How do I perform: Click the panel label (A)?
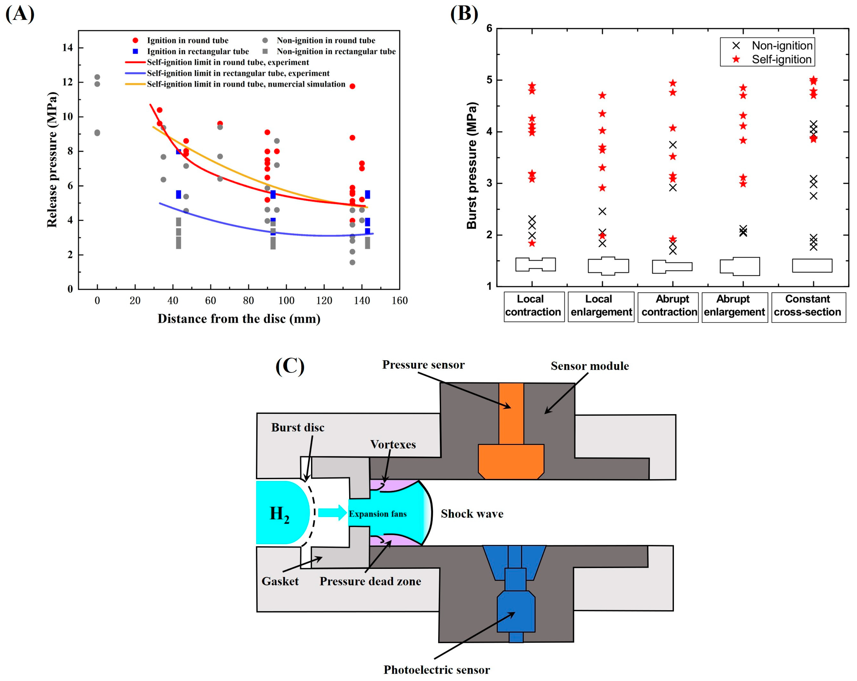[20, 14]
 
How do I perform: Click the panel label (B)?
[464, 14]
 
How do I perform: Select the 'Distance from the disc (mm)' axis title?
[239, 319]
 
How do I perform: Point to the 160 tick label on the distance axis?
[400, 301]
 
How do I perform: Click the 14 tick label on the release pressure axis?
[68, 48]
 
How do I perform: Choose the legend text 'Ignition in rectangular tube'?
[198, 51]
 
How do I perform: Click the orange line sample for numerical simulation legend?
[135, 84]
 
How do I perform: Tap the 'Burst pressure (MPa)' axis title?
[471, 166]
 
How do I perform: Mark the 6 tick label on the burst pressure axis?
[489, 28]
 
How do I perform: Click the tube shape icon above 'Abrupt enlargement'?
[740, 266]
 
